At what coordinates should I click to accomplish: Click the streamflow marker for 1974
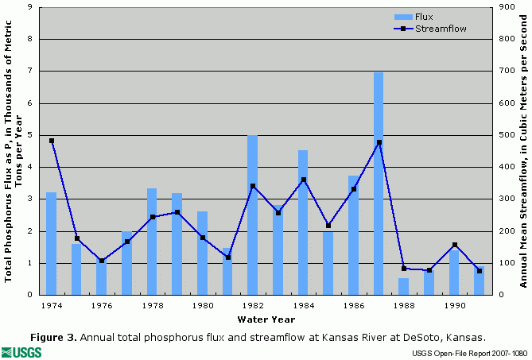coord(51,141)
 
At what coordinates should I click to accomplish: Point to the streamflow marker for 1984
coord(303,180)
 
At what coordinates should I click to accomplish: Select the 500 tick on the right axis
coord(505,135)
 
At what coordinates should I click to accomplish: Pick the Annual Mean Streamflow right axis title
coord(523,151)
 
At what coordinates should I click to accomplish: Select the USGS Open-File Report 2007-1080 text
coord(470,353)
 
